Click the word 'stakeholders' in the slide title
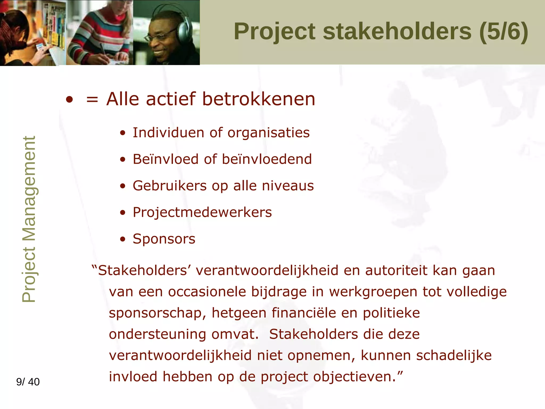coord(397,31)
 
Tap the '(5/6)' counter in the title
coord(503,31)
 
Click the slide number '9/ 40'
coord(28,382)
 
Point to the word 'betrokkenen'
coord(259,99)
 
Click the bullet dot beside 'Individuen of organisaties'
coord(122,133)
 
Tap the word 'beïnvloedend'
coord(267,159)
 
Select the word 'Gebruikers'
coord(170,186)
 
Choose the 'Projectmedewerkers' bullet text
coord(202,212)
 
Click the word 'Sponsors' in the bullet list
coord(164,239)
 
